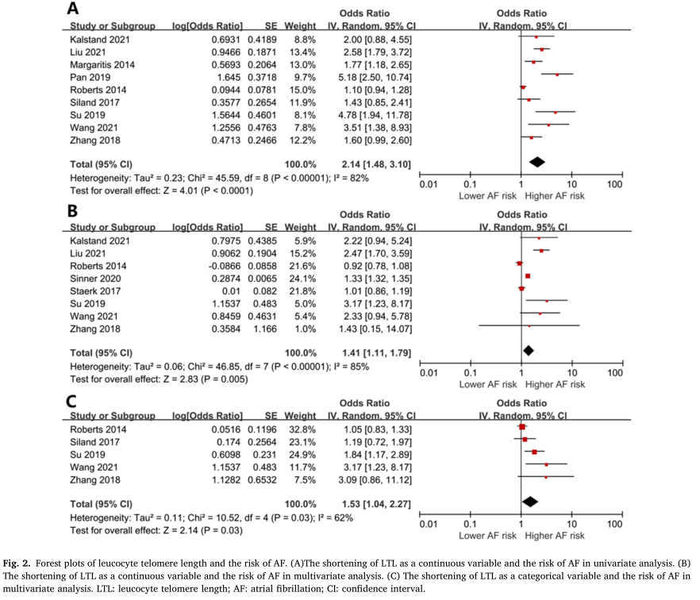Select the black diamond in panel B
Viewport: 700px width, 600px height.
(528, 350)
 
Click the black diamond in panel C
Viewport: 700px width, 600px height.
(529, 501)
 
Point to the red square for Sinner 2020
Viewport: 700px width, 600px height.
(527, 276)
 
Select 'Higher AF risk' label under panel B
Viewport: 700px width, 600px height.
(555, 383)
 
